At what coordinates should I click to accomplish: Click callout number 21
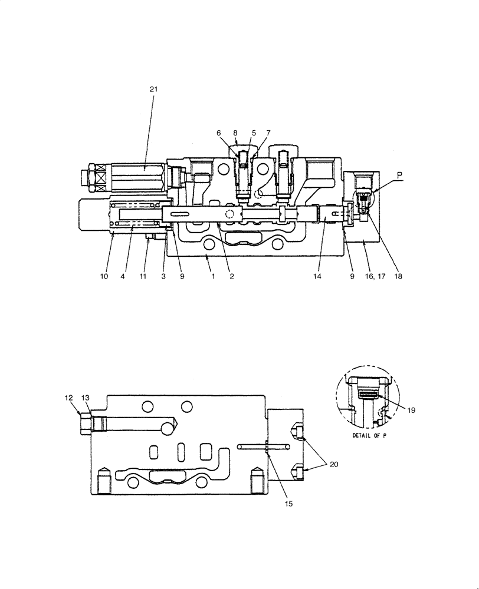(x=153, y=89)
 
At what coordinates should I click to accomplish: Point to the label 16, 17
(x=376, y=276)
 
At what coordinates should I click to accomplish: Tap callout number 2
(x=232, y=276)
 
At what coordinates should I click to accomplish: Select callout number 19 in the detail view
(x=411, y=409)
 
